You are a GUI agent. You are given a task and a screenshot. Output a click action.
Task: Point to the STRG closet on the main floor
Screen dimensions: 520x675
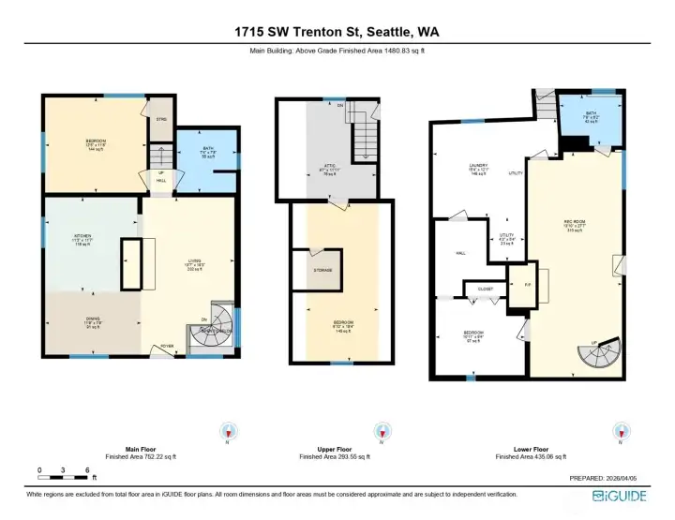[x=159, y=119]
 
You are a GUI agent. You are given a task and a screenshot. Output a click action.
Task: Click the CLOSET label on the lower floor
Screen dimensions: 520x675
[x=485, y=289]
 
